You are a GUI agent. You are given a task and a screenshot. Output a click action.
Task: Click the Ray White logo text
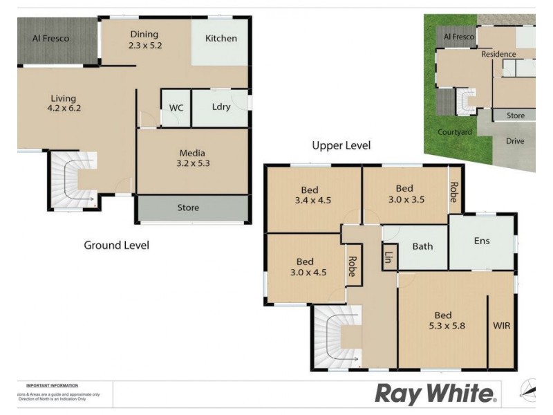pyautogui.click(x=435, y=394)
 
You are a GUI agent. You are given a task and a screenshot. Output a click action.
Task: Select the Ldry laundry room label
pyautogui.click(x=221, y=107)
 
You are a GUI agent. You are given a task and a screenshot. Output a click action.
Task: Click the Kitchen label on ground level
pyautogui.click(x=221, y=39)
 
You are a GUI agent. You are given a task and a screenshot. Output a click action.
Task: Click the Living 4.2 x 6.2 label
pyautogui.click(x=63, y=103)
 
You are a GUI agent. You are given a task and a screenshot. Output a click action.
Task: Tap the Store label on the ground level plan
pyautogui.click(x=188, y=207)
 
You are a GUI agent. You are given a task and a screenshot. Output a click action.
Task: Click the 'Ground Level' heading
pyautogui.click(x=116, y=245)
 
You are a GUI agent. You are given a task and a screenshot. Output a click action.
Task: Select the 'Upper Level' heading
pyautogui.click(x=341, y=146)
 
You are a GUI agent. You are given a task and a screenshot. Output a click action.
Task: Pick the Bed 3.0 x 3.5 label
pyautogui.click(x=404, y=194)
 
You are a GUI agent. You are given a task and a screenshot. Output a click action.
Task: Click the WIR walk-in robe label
pyautogui.click(x=501, y=325)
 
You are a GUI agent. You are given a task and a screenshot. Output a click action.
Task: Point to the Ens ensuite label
pyautogui.click(x=482, y=241)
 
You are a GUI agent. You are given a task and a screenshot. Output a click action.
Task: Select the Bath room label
pyautogui.click(x=422, y=246)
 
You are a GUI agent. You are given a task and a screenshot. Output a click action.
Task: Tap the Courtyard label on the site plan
pyautogui.click(x=455, y=132)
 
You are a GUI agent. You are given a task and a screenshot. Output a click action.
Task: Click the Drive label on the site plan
pyautogui.click(x=515, y=141)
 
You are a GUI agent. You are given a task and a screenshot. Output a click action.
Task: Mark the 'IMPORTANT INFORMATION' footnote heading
pyautogui.click(x=52, y=385)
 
